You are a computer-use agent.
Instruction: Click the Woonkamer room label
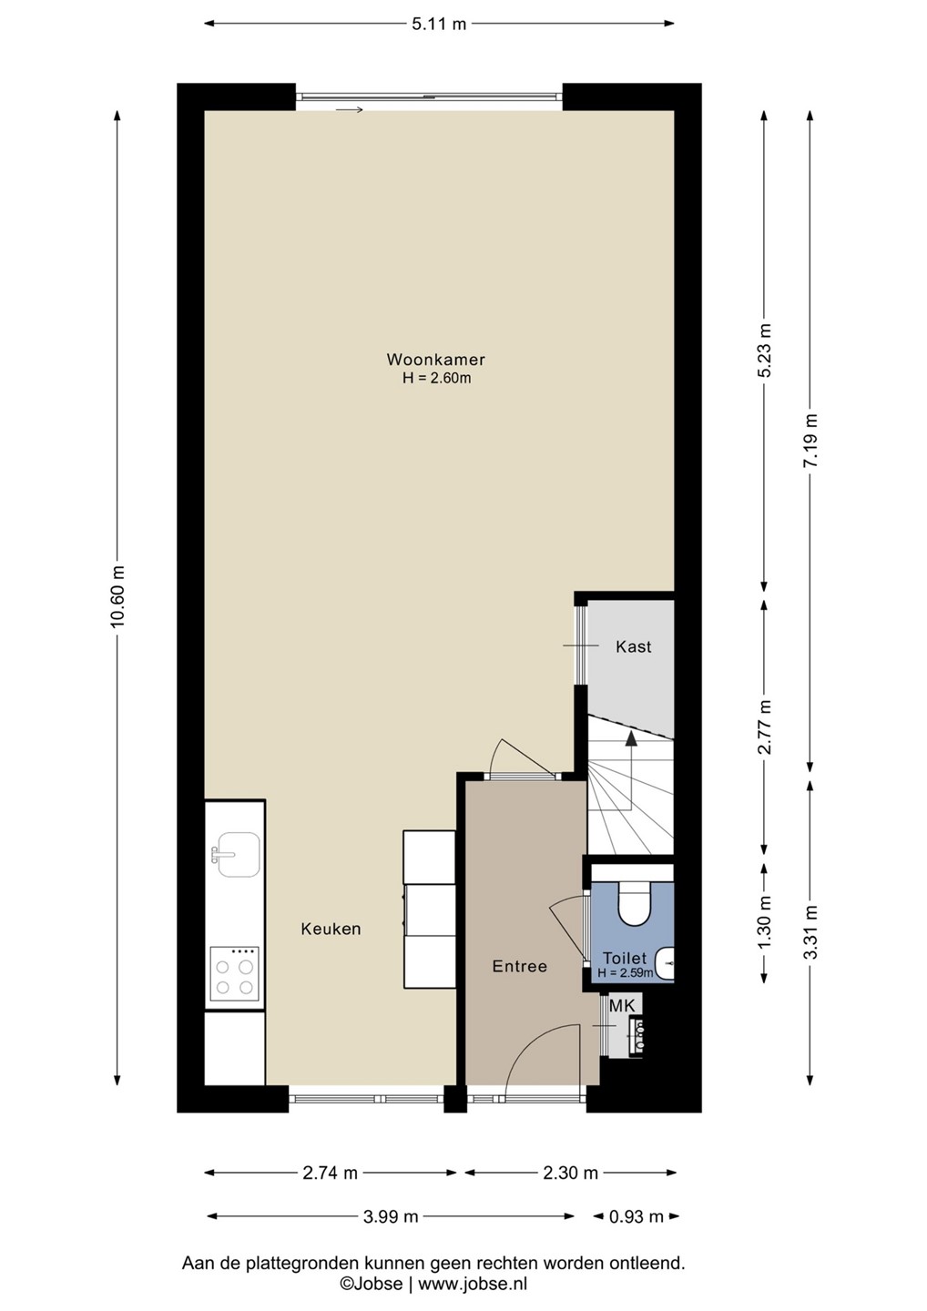[x=435, y=359]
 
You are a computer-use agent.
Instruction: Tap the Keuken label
[x=331, y=929]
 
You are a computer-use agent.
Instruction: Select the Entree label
[x=520, y=966]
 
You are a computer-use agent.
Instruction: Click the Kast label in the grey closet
[x=633, y=646]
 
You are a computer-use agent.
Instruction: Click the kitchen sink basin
[x=239, y=855]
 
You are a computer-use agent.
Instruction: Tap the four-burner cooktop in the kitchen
[x=234, y=978]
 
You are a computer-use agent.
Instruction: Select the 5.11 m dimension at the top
[x=439, y=24]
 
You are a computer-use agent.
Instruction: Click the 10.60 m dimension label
[x=117, y=595]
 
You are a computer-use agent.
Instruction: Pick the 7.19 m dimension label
[x=810, y=440]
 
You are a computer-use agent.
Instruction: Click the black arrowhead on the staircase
[x=631, y=738]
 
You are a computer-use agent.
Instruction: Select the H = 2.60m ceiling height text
[x=436, y=378]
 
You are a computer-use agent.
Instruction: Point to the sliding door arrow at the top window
[x=350, y=109]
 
